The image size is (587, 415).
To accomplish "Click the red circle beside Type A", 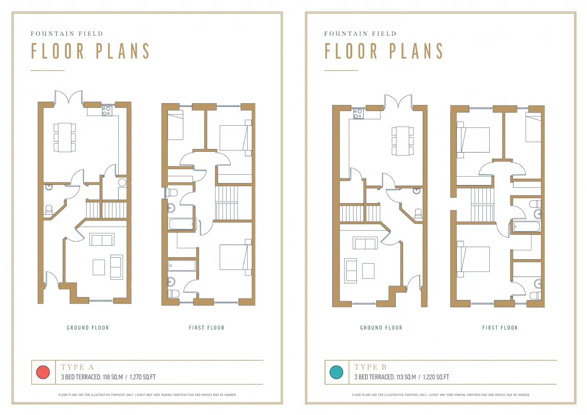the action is [43, 372].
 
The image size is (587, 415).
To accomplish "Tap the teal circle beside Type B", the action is [336, 372].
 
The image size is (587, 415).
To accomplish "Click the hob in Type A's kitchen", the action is [107, 111].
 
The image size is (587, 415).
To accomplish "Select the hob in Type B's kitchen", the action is [358, 114].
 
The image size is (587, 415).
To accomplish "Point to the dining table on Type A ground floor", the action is [65, 137].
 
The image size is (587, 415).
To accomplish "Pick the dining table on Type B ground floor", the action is [403, 141].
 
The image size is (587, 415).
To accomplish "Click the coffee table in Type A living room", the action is [99, 267].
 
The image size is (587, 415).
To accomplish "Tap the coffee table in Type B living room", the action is [368, 271].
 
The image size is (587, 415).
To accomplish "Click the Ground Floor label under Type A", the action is [88, 327].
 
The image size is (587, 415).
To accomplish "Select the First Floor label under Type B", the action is [500, 327].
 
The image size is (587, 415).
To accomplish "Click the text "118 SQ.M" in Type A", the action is [113, 377].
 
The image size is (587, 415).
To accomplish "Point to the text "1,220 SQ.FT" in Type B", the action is [436, 377].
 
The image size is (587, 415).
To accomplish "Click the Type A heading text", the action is [78, 367].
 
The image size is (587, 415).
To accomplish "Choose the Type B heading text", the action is [371, 367].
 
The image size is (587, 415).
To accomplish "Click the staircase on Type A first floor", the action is [227, 203].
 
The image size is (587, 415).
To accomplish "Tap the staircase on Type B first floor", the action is [482, 205].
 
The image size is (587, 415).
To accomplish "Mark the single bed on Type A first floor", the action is [175, 125].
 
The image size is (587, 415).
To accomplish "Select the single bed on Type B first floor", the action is [533, 127].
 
